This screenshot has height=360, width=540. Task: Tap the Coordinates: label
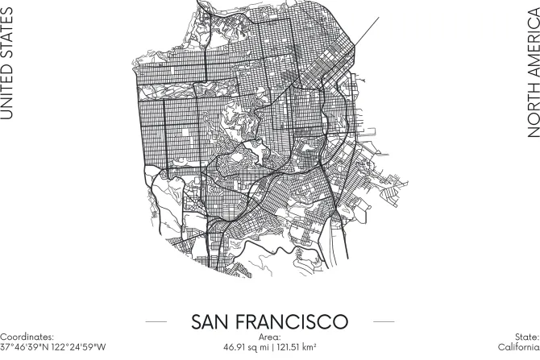(x=27, y=337)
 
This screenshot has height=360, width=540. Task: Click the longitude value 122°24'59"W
(x=80, y=347)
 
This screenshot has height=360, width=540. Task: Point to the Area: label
(x=270, y=337)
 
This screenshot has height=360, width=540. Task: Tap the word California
(x=518, y=347)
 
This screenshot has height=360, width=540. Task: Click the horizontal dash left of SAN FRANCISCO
(x=156, y=321)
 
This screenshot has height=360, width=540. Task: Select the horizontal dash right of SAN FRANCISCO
(x=384, y=321)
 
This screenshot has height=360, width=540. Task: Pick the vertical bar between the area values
(x=270, y=347)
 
